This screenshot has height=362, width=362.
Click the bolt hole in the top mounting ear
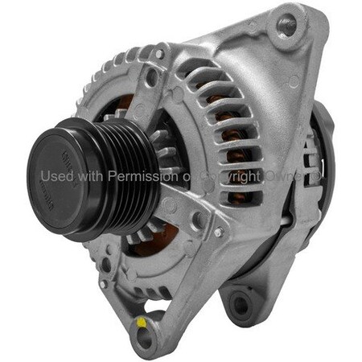287,25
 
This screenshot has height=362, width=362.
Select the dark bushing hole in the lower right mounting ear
240,305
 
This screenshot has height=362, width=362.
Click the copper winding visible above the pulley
125,105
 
